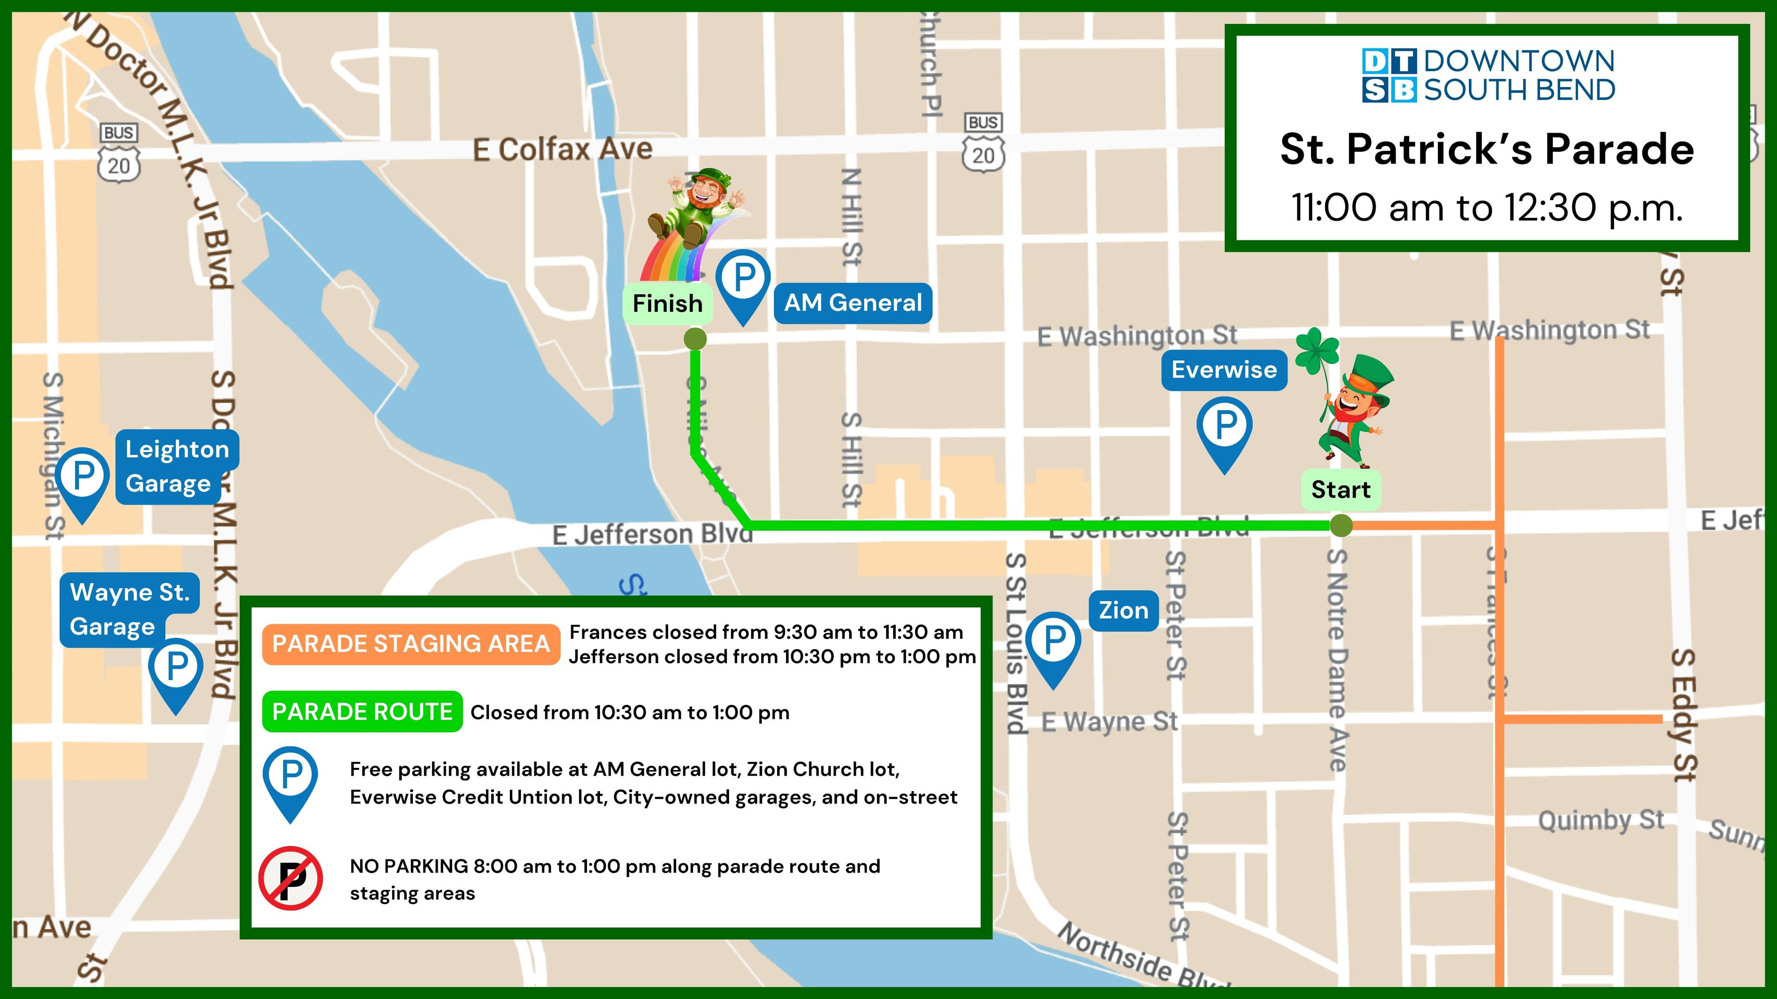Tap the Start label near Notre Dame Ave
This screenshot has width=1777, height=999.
(x=1341, y=489)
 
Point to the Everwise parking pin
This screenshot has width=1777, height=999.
(x=1225, y=431)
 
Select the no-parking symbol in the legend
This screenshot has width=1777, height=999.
(x=291, y=878)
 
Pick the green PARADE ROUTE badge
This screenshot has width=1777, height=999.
(x=362, y=712)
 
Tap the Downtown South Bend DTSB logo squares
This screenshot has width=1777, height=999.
(x=1389, y=76)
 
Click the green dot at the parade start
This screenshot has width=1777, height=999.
(x=1341, y=526)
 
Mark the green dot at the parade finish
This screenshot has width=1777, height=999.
(x=695, y=339)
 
